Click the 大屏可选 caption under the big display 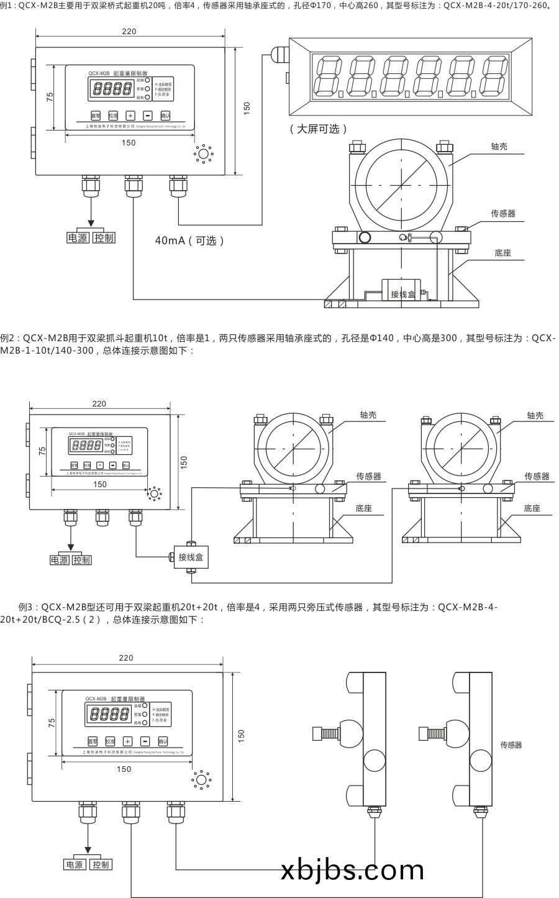pyautogui.click(x=317, y=129)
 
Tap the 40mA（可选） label pyautogui.click(x=189, y=241)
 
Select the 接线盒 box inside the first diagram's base pyautogui.click(x=402, y=293)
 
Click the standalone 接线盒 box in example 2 pyautogui.click(x=190, y=557)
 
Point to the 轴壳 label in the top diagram pyautogui.click(x=499, y=147)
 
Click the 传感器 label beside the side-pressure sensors pyautogui.click(x=511, y=745)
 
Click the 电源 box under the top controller pyautogui.click(x=78, y=238)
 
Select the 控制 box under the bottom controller pyautogui.click(x=99, y=864)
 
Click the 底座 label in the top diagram pyautogui.click(x=502, y=253)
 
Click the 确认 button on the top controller pyautogui.click(x=165, y=115)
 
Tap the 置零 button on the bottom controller pyautogui.click(x=93, y=741)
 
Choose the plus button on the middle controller pyautogui.click(x=100, y=465)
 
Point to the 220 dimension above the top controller pyautogui.click(x=129, y=31)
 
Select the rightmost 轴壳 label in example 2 pyautogui.click(x=534, y=415)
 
